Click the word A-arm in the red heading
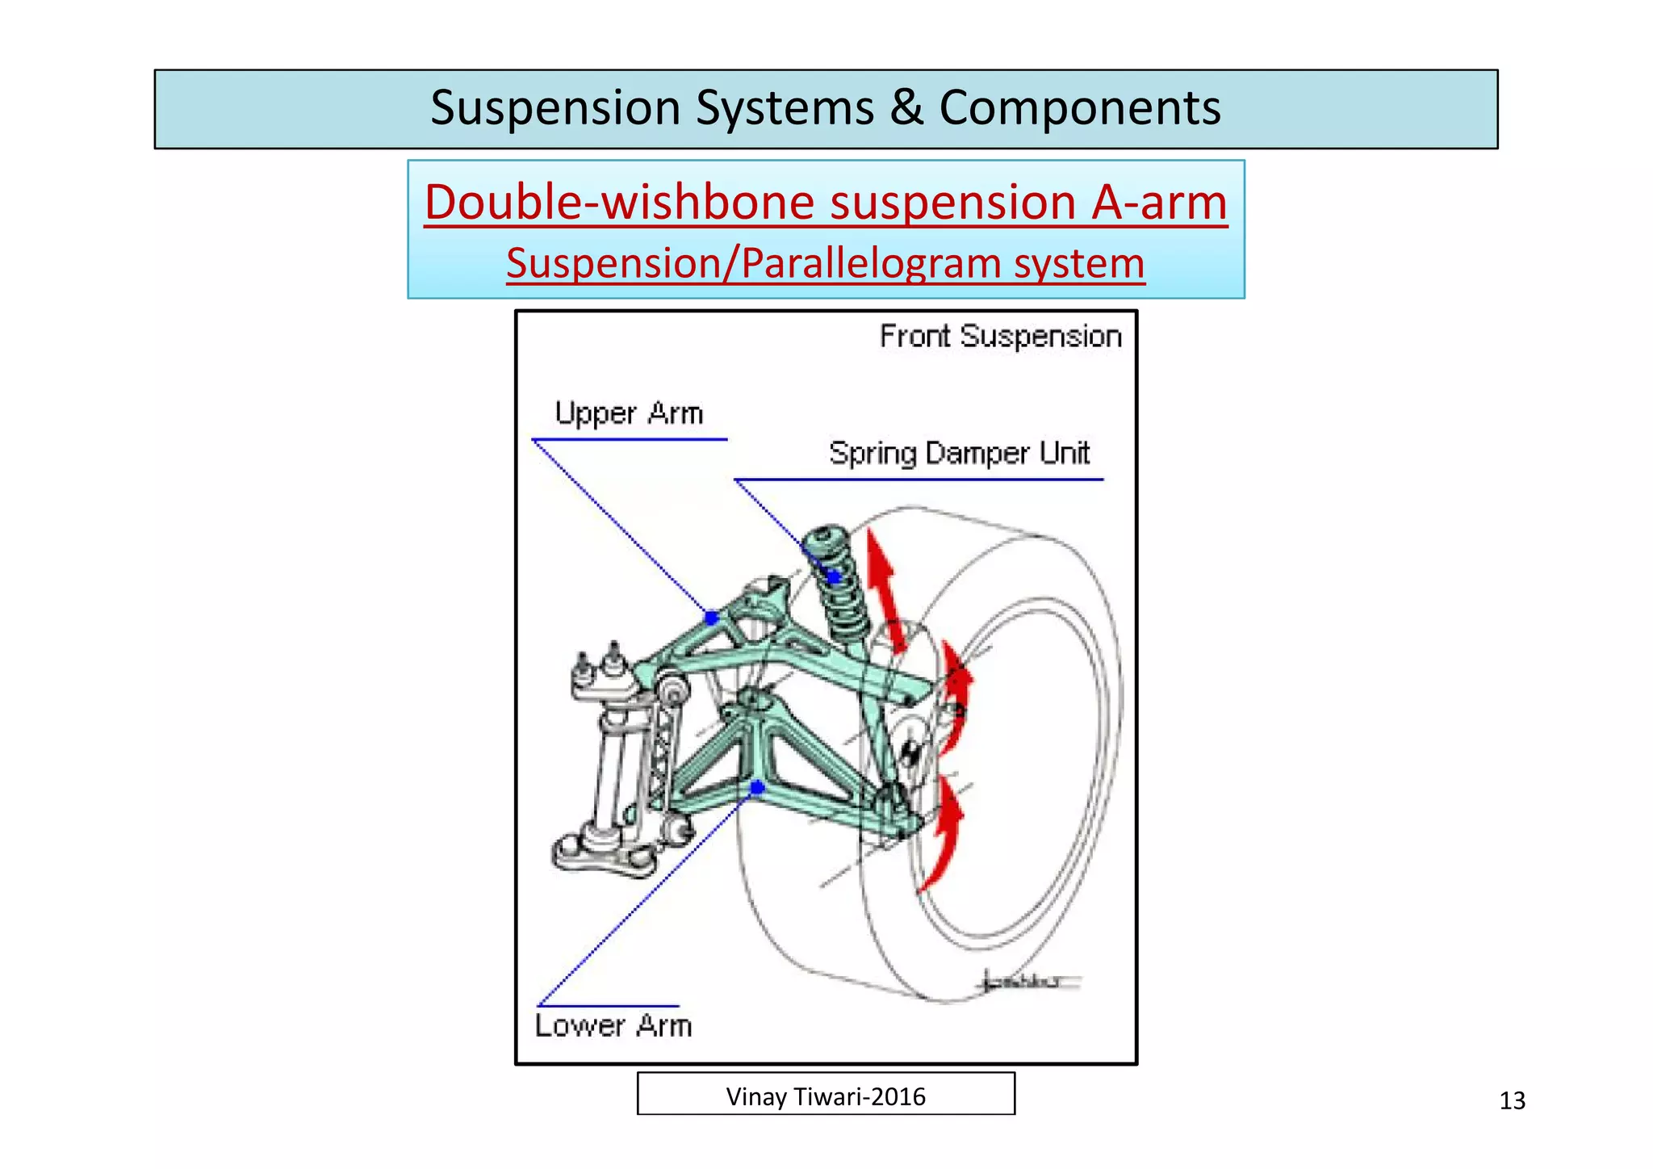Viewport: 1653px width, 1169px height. [x=1159, y=202]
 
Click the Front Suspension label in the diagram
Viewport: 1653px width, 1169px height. [x=1000, y=336]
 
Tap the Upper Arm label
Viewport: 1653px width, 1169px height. [x=629, y=413]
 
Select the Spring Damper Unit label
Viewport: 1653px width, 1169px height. [x=959, y=453]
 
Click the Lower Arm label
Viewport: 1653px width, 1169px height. [x=613, y=1025]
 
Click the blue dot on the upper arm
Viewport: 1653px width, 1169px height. [x=711, y=618]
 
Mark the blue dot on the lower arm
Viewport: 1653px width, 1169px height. [x=757, y=787]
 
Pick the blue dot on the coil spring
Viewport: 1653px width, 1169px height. [x=834, y=576]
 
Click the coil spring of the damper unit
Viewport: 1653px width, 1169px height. [x=843, y=605]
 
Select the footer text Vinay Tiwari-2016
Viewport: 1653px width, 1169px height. [x=826, y=1096]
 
